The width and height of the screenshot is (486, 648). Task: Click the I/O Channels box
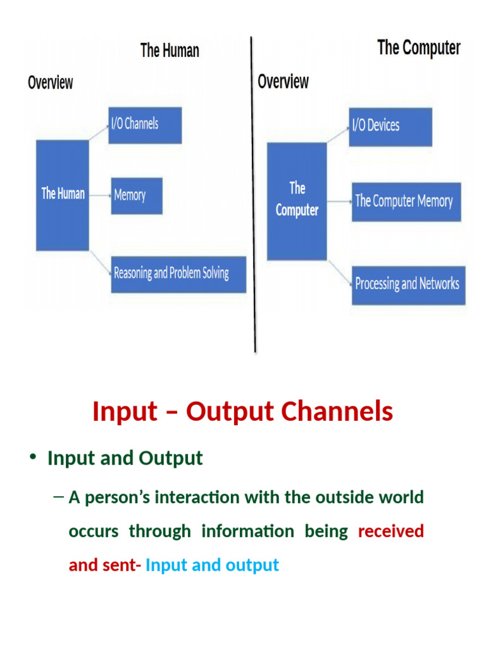pos(145,125)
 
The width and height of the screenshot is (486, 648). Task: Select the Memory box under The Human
pos(137,196)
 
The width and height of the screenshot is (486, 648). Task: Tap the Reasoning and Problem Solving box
pos(178,274)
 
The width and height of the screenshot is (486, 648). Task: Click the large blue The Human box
pos(63,195)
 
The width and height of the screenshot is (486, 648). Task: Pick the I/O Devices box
pos(390,127)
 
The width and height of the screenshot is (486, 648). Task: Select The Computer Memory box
pos(406,202)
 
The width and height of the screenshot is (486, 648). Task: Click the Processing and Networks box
pos(409,284)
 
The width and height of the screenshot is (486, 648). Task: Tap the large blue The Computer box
pos(297,201)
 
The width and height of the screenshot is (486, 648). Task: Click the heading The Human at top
pos(170,51)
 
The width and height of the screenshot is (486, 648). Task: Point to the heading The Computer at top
pos(419,47)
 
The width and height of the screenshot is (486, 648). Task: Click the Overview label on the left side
pos(51,83)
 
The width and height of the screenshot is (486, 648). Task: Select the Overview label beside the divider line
pos(283,82)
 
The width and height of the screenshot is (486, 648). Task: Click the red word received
pos(390,531)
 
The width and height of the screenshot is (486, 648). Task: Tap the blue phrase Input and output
pos(212,564)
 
